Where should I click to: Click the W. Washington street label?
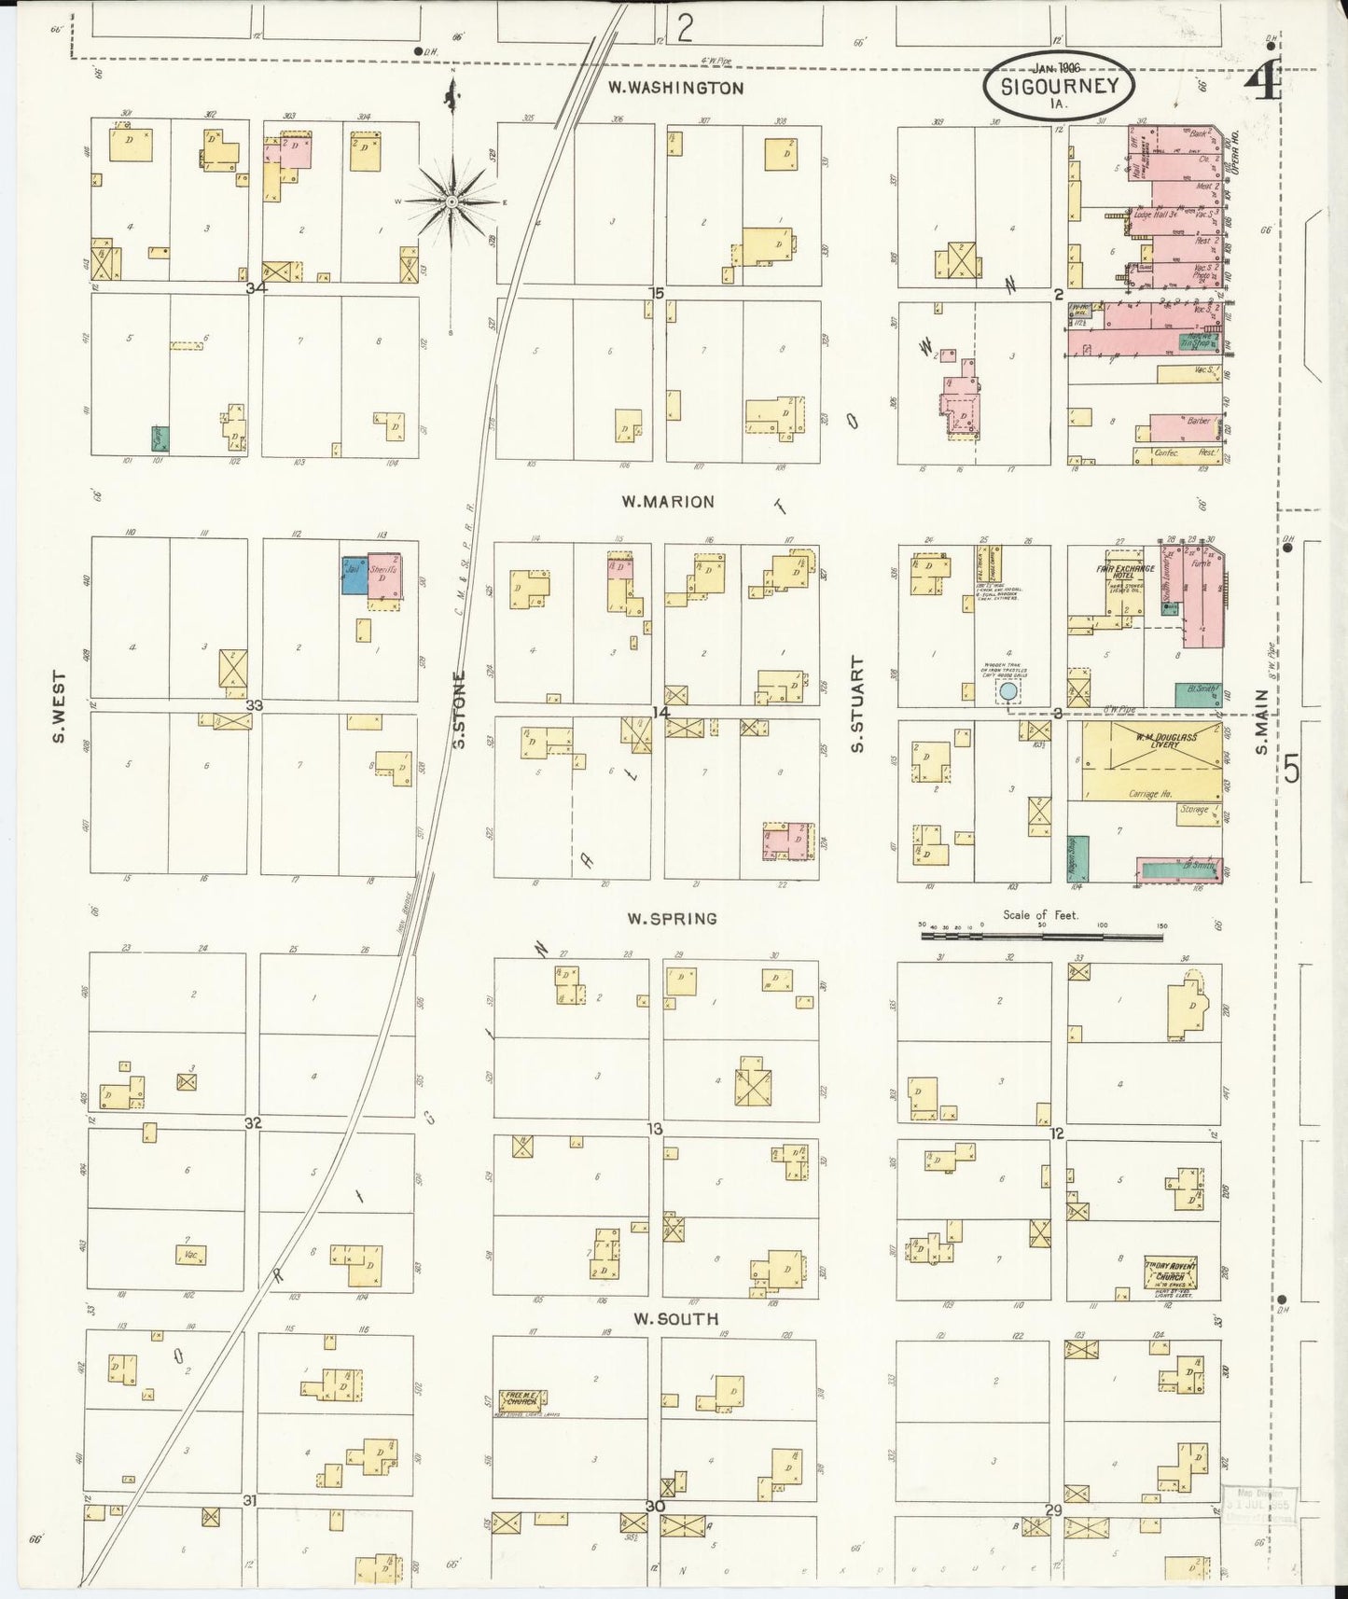click(675, 89)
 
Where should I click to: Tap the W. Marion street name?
click(668, 502)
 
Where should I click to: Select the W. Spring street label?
click(672, 919)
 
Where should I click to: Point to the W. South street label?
click(675, 1318)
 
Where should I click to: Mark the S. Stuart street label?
click(857, 704)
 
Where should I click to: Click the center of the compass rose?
click(452, 201)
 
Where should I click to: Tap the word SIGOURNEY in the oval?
click(1059, 87)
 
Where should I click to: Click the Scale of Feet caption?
click(1040, 915)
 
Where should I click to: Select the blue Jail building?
click(354, 576)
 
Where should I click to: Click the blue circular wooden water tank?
click(1008, 691)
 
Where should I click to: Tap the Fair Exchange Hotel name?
click(1125, 572)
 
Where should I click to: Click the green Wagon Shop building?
click(1077, 858)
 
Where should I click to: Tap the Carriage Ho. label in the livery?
click(1150, 794)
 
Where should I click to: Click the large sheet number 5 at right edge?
click(1291, 771)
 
